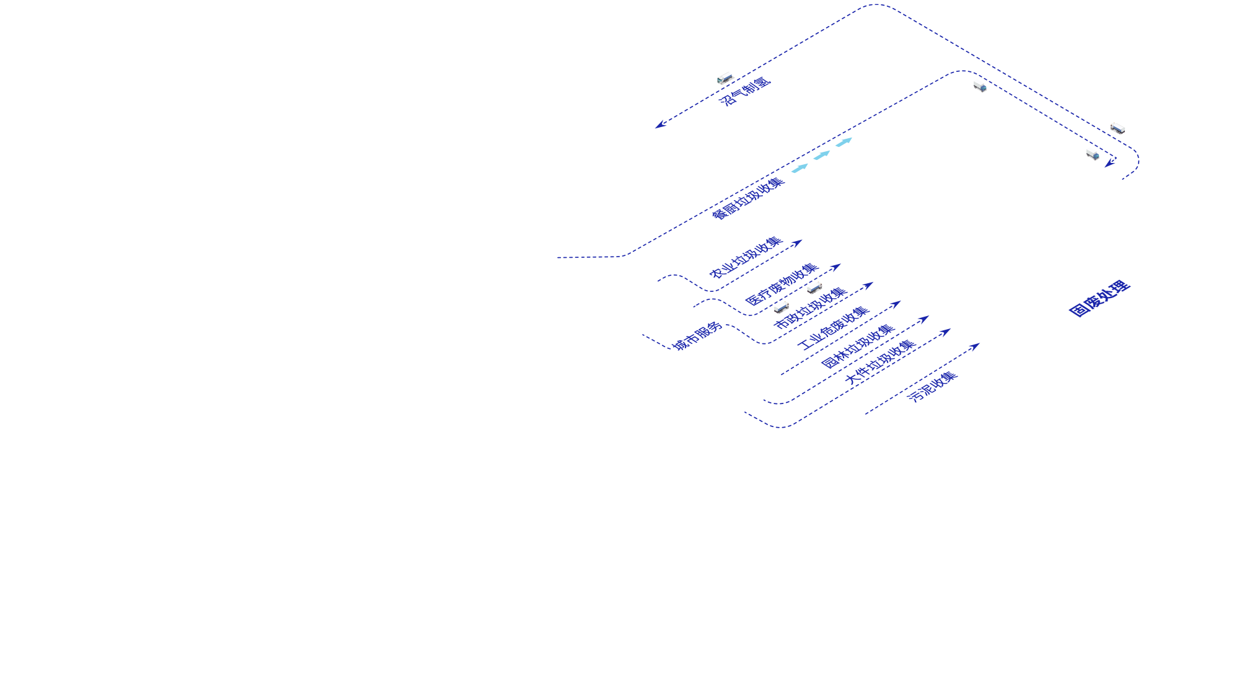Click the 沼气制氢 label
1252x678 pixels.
[x=744, y=91]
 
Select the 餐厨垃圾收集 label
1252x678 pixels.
[x=747, y=198]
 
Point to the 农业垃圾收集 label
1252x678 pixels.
[x=746, y=257]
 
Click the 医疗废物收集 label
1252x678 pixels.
[x=782, y=284]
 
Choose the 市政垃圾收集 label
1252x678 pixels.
[x=810, y=308]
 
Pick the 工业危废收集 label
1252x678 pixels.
[x=834, y=328]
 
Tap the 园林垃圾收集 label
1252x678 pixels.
[x=858, y=346]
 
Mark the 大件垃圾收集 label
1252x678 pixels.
[x=880, y=361]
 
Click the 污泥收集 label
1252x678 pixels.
[x=932, y=387]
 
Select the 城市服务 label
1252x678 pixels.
[x=697, y=336]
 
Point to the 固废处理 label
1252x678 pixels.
[x=1100, y=299]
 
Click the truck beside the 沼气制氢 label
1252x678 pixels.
[x=725, y=78]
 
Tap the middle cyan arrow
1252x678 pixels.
[x=822, y=155]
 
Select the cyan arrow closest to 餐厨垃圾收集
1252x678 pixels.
[x=800, y=168]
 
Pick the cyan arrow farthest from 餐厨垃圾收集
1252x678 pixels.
[x=844, y=142]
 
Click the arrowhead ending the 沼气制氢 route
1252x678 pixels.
[x=660, y=125]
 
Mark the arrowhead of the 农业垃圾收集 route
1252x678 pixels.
[x=798, y=242]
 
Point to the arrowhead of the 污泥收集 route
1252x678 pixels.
[x=974, y=346]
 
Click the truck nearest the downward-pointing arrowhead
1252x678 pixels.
[x=1092, y=153]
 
